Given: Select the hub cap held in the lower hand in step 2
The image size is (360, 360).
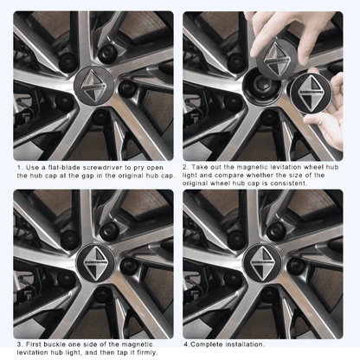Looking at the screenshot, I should tap(309, 91).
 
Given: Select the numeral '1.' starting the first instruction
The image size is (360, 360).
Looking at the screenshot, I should tap(20, 168).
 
